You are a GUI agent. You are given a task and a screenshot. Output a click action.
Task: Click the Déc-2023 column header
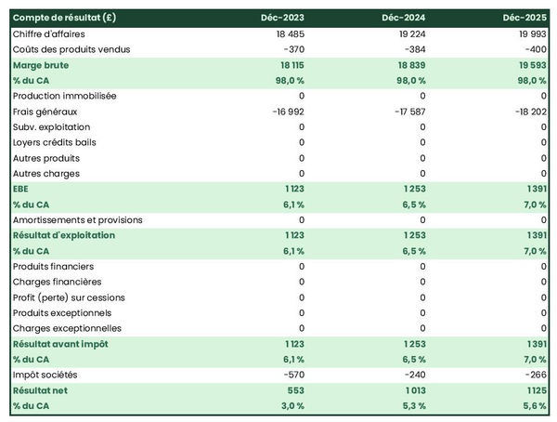(282, 18)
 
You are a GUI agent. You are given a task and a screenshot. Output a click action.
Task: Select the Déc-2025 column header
(525, 18)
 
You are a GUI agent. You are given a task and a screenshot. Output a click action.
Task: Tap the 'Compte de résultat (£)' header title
(64, 18)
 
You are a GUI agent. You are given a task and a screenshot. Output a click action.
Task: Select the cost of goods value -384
(413, 49)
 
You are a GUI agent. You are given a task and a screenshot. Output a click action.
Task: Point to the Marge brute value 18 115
(288, 65)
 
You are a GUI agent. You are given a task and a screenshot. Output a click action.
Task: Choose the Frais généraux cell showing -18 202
(529, 112)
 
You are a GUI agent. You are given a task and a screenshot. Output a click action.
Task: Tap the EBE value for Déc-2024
(412, 189)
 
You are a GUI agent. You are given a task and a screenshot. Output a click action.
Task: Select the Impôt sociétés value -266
(535, 375)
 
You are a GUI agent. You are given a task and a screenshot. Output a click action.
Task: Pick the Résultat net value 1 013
(412, 390)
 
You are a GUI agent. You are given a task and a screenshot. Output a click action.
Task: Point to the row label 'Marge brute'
(41, 65)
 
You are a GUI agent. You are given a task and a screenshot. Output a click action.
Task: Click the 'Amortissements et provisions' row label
(78, 220)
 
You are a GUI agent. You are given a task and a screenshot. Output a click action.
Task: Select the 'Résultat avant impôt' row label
(60, 344)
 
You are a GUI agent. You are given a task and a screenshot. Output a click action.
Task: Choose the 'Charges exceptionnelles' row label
(67, 328)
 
